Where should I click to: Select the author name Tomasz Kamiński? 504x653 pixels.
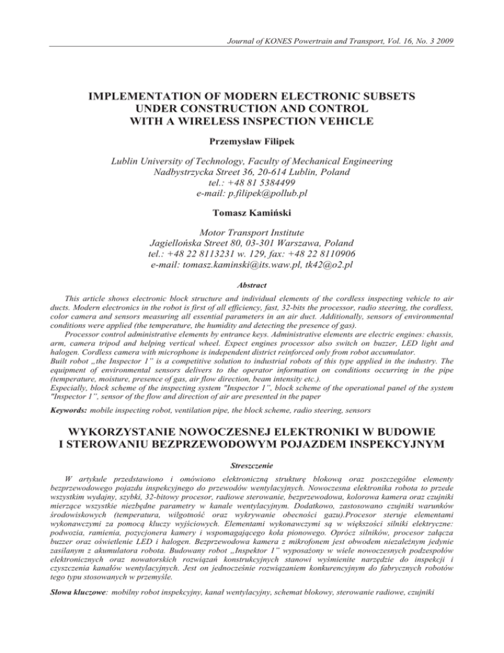pos(251,212)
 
